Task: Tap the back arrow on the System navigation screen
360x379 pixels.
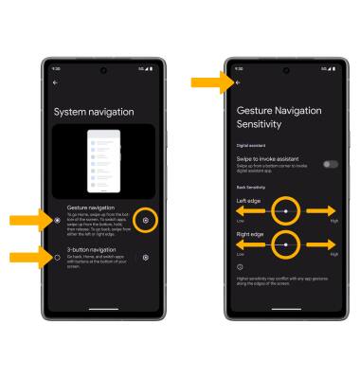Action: coord(55,82)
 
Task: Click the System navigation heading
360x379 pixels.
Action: coord(95,113)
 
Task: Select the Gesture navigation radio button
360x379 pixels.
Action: coord(58,220)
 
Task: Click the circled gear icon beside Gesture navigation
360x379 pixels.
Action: coord(145,220)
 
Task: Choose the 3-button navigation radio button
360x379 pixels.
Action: coord(58,257)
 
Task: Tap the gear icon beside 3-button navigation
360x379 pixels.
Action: coord(145,257)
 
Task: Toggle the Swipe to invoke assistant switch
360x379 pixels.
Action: coord(331,164)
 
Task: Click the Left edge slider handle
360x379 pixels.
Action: coord(286,209)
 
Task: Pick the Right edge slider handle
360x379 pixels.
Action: coord(286,244)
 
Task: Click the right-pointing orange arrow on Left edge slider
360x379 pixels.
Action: coord(323,209)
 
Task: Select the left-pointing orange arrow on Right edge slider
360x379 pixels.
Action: coord(250,244)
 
